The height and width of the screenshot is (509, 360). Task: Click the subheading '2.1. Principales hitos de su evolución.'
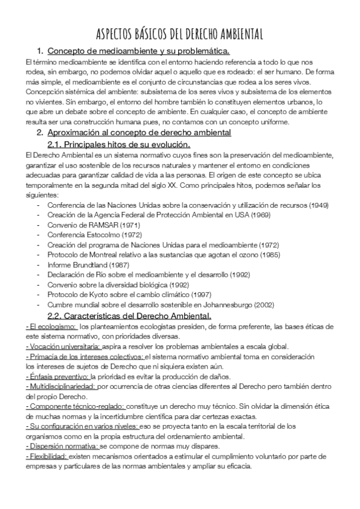pyautogui.click(x=118, y=144)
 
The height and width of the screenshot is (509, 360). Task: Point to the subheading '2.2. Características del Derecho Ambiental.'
pyautogui.click(x=129, y=316)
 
